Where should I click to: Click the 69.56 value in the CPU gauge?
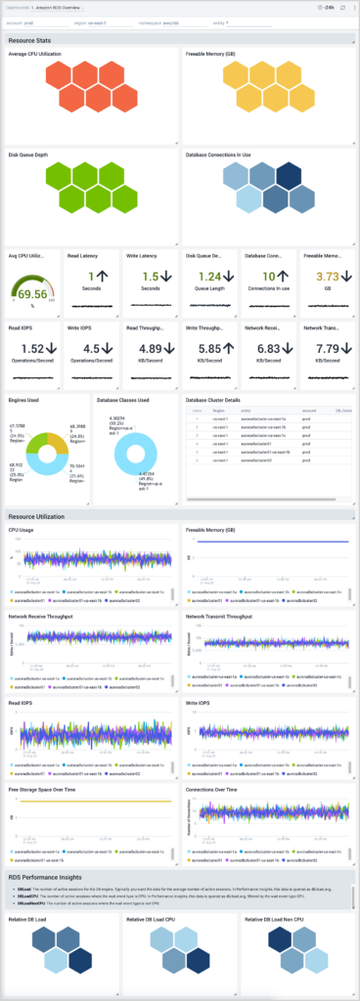[32, 293]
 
